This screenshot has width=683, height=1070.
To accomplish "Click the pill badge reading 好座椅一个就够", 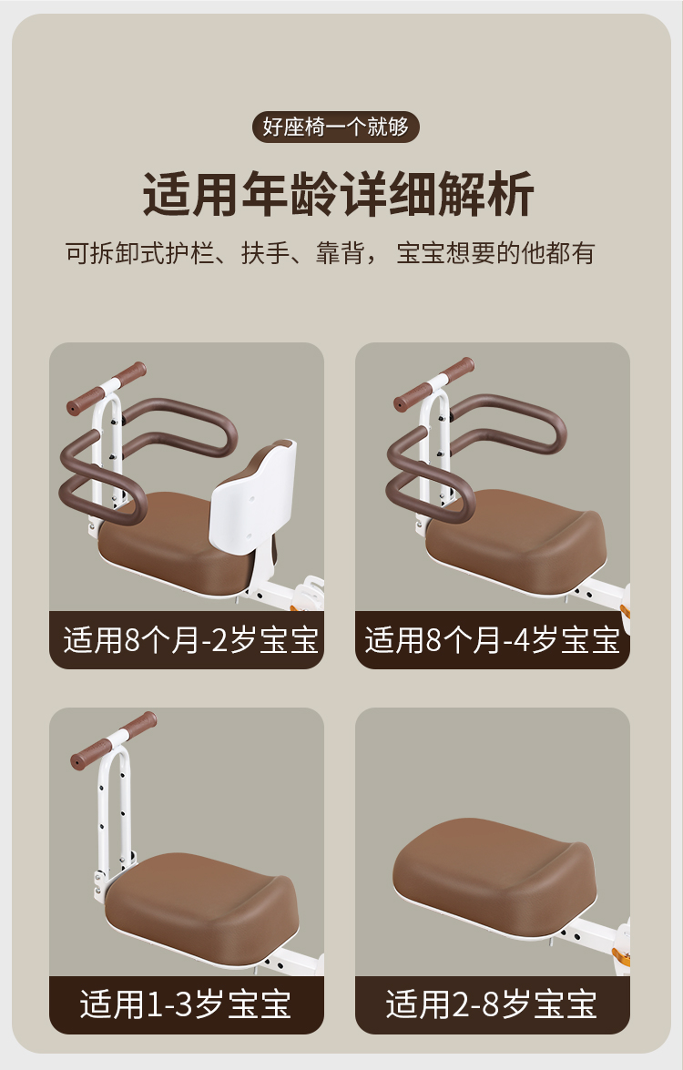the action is [336, 127].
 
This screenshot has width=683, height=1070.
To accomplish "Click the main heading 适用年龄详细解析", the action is [339, 195].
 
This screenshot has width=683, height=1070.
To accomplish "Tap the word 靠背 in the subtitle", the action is [339, 253].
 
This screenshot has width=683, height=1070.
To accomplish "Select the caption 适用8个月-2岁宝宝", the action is [191, 640].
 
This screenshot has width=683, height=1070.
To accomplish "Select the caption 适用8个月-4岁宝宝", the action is [492, 640].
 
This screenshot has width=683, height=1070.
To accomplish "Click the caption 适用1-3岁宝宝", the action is [186, 1004].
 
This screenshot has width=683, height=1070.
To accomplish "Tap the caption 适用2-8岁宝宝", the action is [491, 1004].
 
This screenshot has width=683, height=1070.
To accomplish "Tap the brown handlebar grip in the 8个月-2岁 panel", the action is [107, 388].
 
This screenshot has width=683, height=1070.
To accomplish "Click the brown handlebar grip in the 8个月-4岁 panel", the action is [434, 383].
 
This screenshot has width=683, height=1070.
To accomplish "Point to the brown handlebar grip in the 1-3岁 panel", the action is [114, 740].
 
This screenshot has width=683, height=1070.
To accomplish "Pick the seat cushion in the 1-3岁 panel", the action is [202, 909].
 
